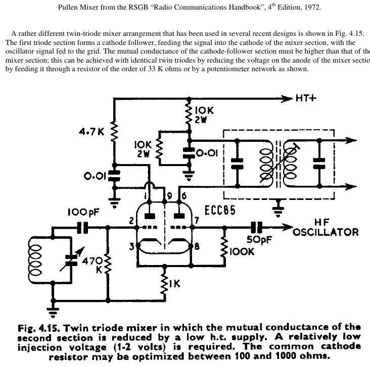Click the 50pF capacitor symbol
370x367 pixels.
click(x=257, y=228)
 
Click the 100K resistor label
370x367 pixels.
click(x=242, y=251)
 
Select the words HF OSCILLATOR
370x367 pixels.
click(x=326, y=227)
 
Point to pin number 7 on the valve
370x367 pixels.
click(x=197, y=220)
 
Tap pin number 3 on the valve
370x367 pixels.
click(x=132, y=246)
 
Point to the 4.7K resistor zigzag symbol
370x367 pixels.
click(x=115, y=133)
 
